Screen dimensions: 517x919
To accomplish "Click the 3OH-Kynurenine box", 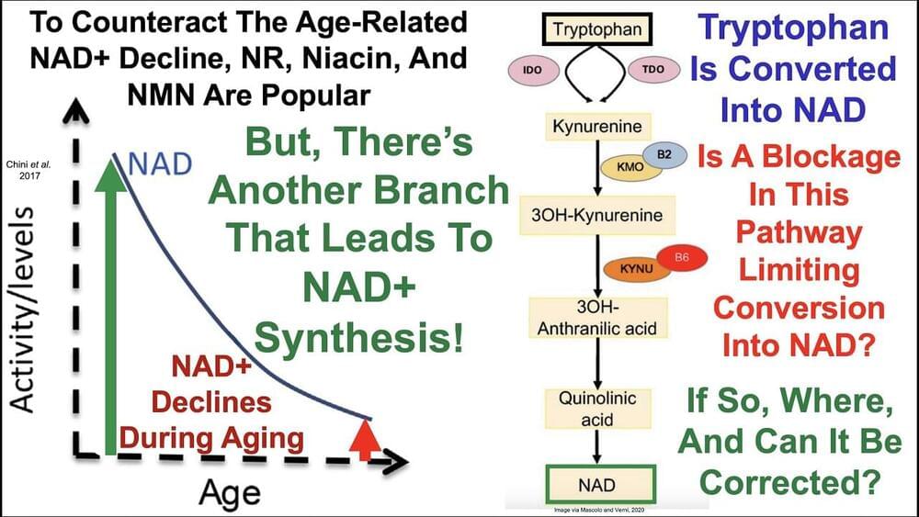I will pyautogui.click(x=596, y=214).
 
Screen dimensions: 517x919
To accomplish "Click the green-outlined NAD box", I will pyautogui.click(x=596, y=483).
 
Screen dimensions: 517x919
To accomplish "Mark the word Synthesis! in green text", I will pyautogui.click(x=358, y=340).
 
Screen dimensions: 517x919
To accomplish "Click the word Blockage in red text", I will pyautogui.click(x=821, y=158).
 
